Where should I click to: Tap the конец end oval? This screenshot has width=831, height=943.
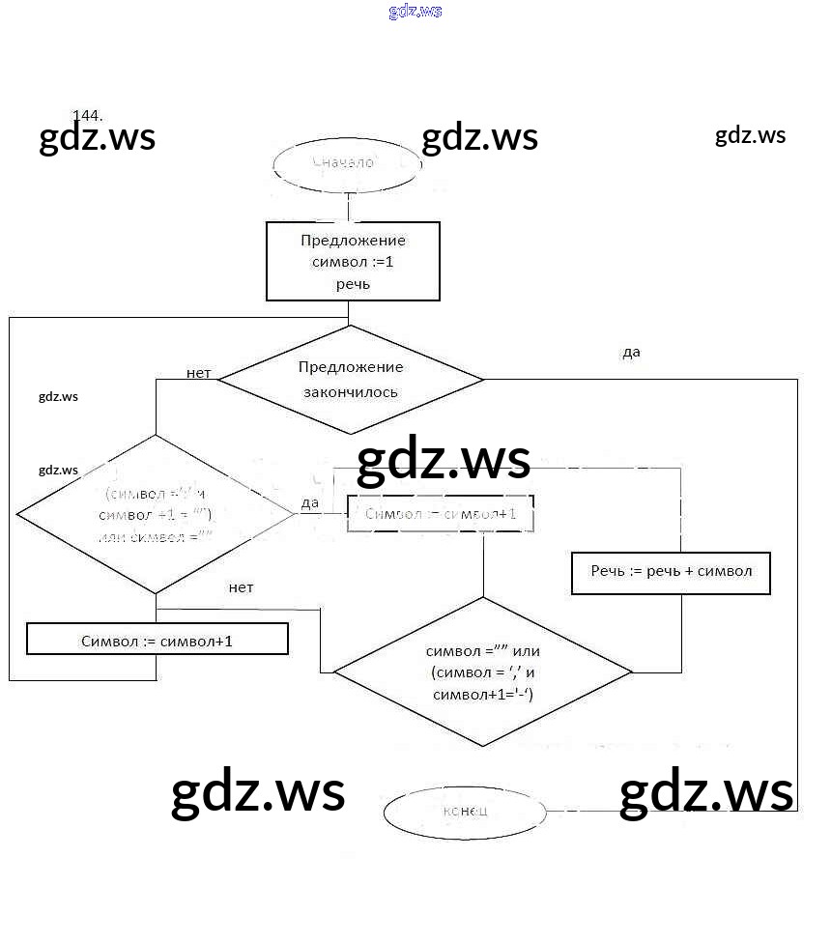(x=465, y=812)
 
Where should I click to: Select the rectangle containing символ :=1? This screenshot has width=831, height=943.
(x=353, y=262)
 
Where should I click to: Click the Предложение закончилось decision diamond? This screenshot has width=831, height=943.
(x=350, y=380)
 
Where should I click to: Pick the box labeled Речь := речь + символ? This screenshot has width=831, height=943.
(x=672, y=572)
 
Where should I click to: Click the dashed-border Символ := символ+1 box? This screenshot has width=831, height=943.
(x=441, y=514)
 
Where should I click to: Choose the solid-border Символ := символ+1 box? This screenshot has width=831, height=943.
(x=158, y=640)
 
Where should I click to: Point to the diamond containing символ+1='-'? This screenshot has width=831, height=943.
(x=483, y=672)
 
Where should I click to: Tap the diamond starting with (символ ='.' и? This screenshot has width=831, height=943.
(x=156, y=513)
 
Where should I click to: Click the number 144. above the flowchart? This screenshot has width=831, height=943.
(x=88, y=116)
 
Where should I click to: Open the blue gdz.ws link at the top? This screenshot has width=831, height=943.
(x=415, y=12)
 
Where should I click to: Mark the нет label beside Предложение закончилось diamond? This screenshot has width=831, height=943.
(x=198, y=373)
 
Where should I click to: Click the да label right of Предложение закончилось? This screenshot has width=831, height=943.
(x=631, y=353)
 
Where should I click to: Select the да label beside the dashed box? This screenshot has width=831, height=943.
(x=310, y=502)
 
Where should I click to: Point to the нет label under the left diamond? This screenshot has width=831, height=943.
(x=242, y=587)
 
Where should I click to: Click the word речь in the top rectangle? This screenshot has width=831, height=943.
(x=353, y=285)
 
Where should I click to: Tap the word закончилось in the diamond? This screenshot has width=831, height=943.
(x=351, y=392)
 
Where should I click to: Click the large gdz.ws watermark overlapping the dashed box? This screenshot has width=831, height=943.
(x=444, y=461)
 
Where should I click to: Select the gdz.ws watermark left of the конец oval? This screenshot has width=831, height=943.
(x=258, y=792)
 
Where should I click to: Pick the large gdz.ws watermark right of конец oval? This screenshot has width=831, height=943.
(x=705, y=792)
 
